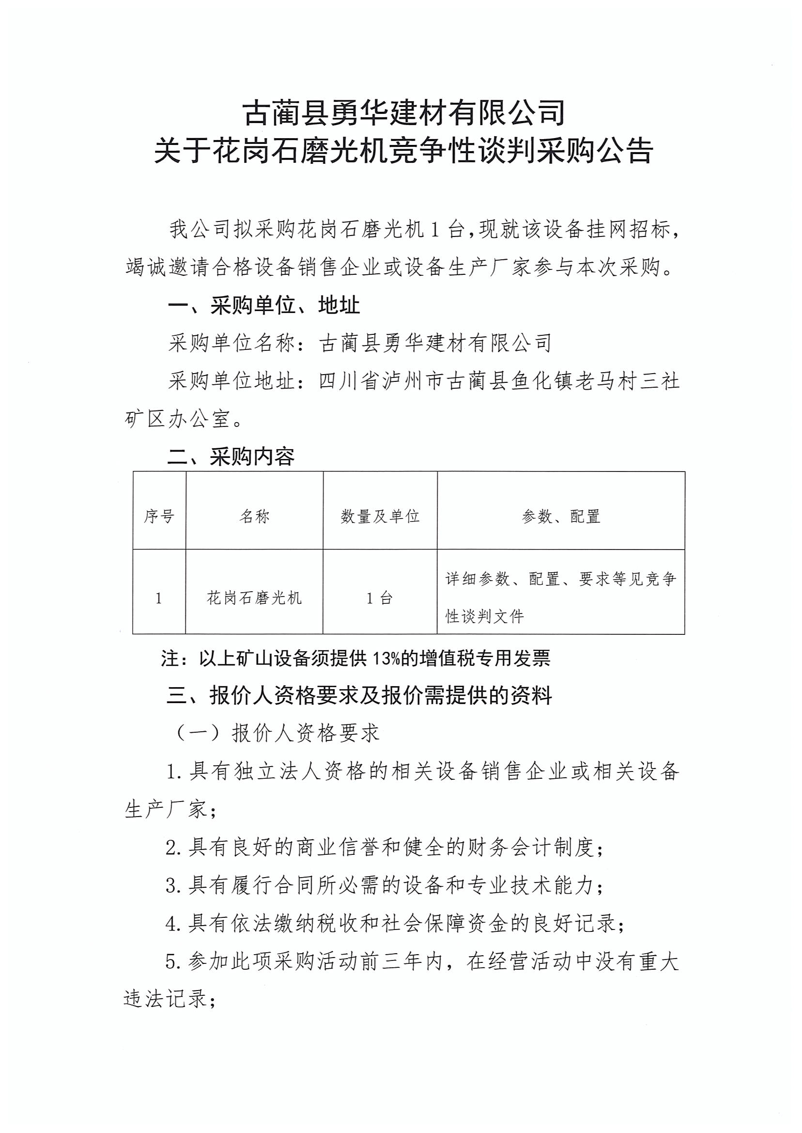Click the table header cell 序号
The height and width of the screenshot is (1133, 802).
tap(158, 517)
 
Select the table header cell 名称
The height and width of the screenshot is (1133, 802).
tap(254, 517)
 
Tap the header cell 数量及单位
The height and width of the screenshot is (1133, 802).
tap(380, 517)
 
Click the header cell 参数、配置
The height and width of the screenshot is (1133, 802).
tap(560, 517)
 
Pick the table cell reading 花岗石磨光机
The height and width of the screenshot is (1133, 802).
tap(254, 598)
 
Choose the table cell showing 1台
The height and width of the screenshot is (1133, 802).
tap(379, 598)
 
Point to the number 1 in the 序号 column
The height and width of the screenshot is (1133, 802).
tap(158, 598)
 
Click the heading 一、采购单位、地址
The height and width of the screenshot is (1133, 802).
tap(264, 305)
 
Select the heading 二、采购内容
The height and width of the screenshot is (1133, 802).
tap(231, 456)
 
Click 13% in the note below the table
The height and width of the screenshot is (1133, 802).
tap(386, 658)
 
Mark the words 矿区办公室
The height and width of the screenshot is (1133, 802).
tap(178, 419)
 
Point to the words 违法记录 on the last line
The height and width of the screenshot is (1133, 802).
tap(166, 999)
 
